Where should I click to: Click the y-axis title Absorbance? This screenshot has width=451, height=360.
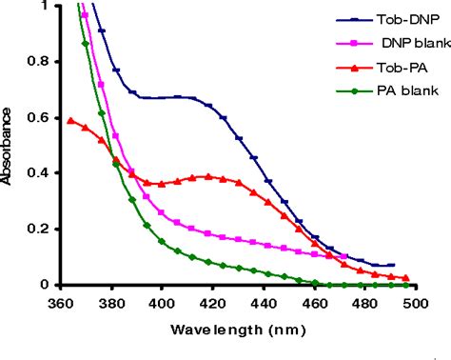coord(9,150)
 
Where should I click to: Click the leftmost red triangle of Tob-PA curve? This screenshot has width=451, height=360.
coord(70,120)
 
